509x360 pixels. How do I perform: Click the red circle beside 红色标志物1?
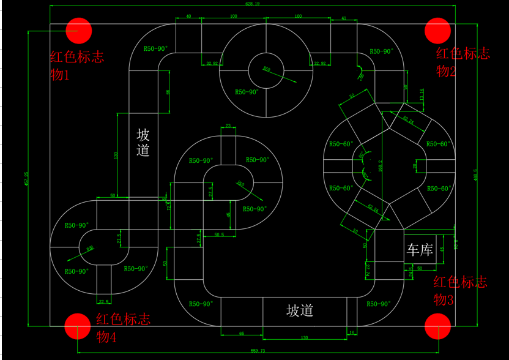[79, 29]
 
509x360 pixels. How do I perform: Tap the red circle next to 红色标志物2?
[438, 29]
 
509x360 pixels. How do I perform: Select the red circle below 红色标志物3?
[438, 326]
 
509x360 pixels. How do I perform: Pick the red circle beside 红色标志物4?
[78, 326]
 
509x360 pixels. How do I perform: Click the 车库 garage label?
[420, 250]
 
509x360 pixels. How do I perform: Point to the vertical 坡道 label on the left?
[143, 143]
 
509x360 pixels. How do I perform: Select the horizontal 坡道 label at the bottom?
[300, 310]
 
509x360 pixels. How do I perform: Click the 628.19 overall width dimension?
[253, 4]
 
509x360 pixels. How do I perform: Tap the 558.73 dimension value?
[258, 351]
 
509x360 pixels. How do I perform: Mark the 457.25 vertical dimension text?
[26, 179]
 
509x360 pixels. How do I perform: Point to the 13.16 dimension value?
[421, 94]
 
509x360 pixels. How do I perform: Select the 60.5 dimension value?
[218, 234]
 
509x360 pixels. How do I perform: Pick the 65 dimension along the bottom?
[242, 333]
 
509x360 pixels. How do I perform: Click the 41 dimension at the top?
[343, 18]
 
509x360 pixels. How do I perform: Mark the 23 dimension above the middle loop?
[228, 126]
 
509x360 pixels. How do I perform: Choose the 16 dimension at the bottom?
[352, 333]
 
